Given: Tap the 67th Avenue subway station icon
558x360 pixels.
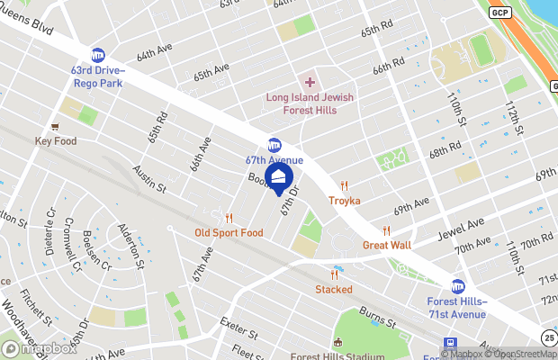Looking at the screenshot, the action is pos(274,145).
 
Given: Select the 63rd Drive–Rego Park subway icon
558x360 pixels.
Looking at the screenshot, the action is pos(97,54).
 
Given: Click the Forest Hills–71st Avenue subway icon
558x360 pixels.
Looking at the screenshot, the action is pos(457,285).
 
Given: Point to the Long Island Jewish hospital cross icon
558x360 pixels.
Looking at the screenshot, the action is pos(310,82).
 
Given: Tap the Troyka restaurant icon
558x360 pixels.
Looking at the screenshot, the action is pos(344,185).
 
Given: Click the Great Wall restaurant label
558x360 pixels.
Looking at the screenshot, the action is pos(387,244).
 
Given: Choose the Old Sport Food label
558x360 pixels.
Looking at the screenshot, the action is pos(229,232).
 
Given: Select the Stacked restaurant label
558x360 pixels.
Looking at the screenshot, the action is pos(333,289).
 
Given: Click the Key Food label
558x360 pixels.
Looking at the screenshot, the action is pos(56,141).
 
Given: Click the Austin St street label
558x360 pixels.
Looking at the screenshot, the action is pos(150,176).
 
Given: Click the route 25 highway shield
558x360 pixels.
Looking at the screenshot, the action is pos(549,337).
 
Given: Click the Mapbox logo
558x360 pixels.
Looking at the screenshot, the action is pos(40,348).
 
